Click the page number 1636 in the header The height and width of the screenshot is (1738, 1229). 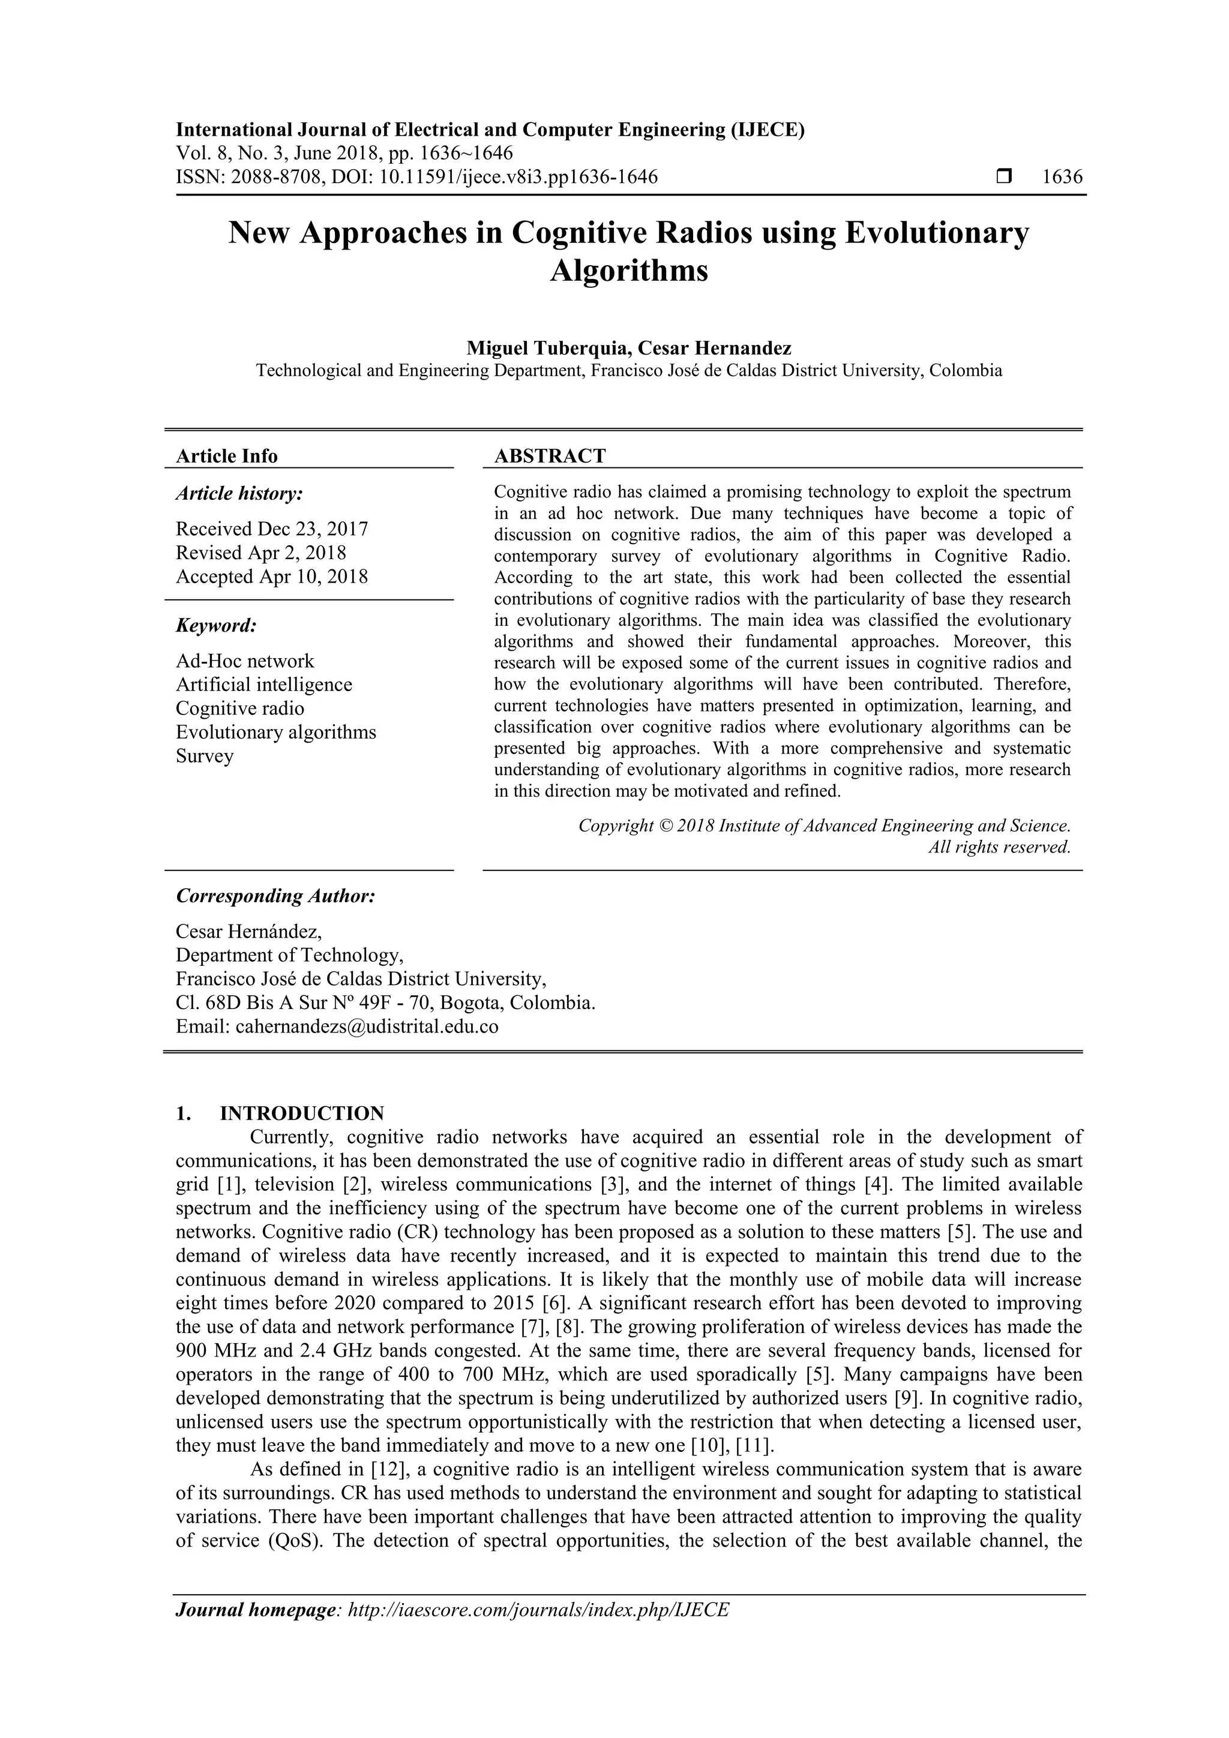point(1062,177)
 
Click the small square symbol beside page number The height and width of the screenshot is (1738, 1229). point(1004,177)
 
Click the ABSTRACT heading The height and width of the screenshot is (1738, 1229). point(550,456)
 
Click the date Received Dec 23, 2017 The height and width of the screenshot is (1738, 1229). point(272,529)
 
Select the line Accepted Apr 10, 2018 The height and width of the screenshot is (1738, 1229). point(272,576)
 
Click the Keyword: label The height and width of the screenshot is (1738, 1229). point(217,625)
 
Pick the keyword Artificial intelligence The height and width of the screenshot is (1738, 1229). point(263,685)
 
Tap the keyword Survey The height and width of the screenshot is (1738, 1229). point(205,755)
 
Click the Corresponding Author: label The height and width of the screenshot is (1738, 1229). point(275,896)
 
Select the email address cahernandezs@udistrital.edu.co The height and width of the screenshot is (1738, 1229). point(367,1026)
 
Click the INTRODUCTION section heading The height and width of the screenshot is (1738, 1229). point(301,1113)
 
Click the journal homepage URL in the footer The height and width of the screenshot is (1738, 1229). point(538,1610)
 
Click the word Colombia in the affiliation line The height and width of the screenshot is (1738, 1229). point(966,370)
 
